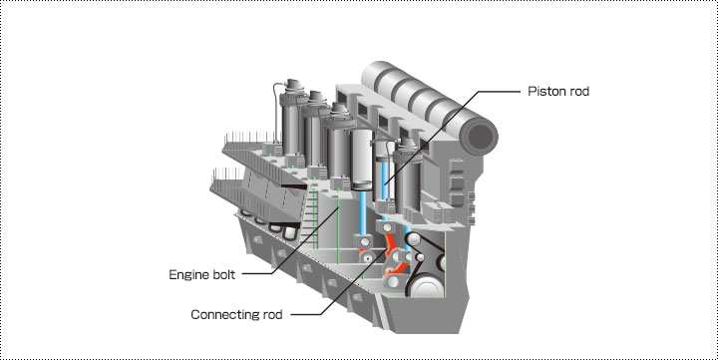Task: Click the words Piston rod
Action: [x=558, y=92]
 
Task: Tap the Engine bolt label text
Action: [x=201, y=275]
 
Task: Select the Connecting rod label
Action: [x=236, y=315]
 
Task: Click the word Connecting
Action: [x=224, y=315]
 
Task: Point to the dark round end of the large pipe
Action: [x=479, y=137]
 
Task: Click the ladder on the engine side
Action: [x=308, y=214]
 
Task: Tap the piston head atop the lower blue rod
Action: [x=364, y=185]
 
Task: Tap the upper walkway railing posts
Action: [x=250, y=137]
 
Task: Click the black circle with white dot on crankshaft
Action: [x=368, y=258]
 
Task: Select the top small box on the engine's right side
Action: [x=457, y=165]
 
